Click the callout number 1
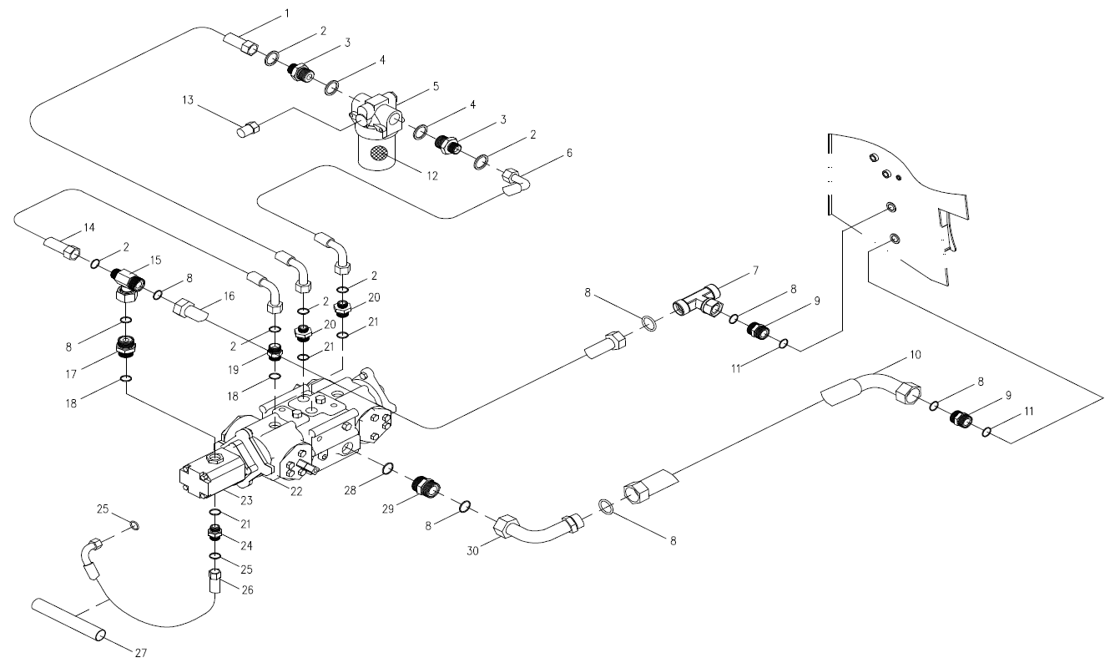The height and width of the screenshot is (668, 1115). pyautogui.click(x=287, y=13)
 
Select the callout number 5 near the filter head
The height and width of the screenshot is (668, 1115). pyautogui.click(x=436, y=85)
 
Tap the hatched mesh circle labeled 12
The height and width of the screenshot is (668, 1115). pyautogui.click(x=381, y=154)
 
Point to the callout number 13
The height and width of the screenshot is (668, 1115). pyautogui.click(x=189, y=100)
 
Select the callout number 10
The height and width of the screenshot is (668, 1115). pyautogui.click(x=916, y=355)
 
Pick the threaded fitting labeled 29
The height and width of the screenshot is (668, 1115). pyautogui.click(x=426, y=486)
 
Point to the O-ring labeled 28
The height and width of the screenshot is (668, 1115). pyautogui.click(x=387, y=469)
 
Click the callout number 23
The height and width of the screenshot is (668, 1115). pyautogui.click(x=247, y=500)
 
